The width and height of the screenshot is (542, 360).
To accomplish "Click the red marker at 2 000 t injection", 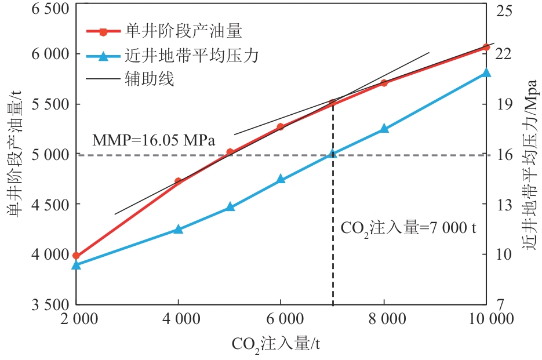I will tap(76, 255).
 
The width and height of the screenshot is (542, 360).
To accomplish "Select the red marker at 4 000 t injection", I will tap(178, 181).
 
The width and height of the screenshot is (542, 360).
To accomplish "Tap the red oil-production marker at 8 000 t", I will tap(384, 83).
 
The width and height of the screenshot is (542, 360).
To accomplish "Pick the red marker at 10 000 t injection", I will tap(486, 47).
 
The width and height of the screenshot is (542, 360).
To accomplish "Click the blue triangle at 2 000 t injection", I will tap(76, 264).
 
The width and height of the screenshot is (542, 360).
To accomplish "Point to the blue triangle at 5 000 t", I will tap(230, 206).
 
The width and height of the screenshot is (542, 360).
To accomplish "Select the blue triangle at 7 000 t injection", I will tap(333, 154).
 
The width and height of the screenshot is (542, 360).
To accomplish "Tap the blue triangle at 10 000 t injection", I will tap(486, 72).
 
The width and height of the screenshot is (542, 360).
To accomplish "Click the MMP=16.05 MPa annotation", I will tap(154, 140).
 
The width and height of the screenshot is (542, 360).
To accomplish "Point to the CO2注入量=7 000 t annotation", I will tap(408, 228).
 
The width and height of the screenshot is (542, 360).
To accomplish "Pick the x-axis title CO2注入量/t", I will tap(276, 344).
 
